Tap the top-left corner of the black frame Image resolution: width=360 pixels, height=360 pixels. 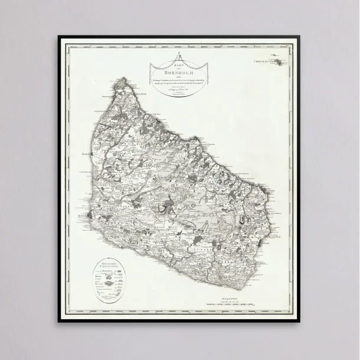pyautogui.click(x=58, y=37)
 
